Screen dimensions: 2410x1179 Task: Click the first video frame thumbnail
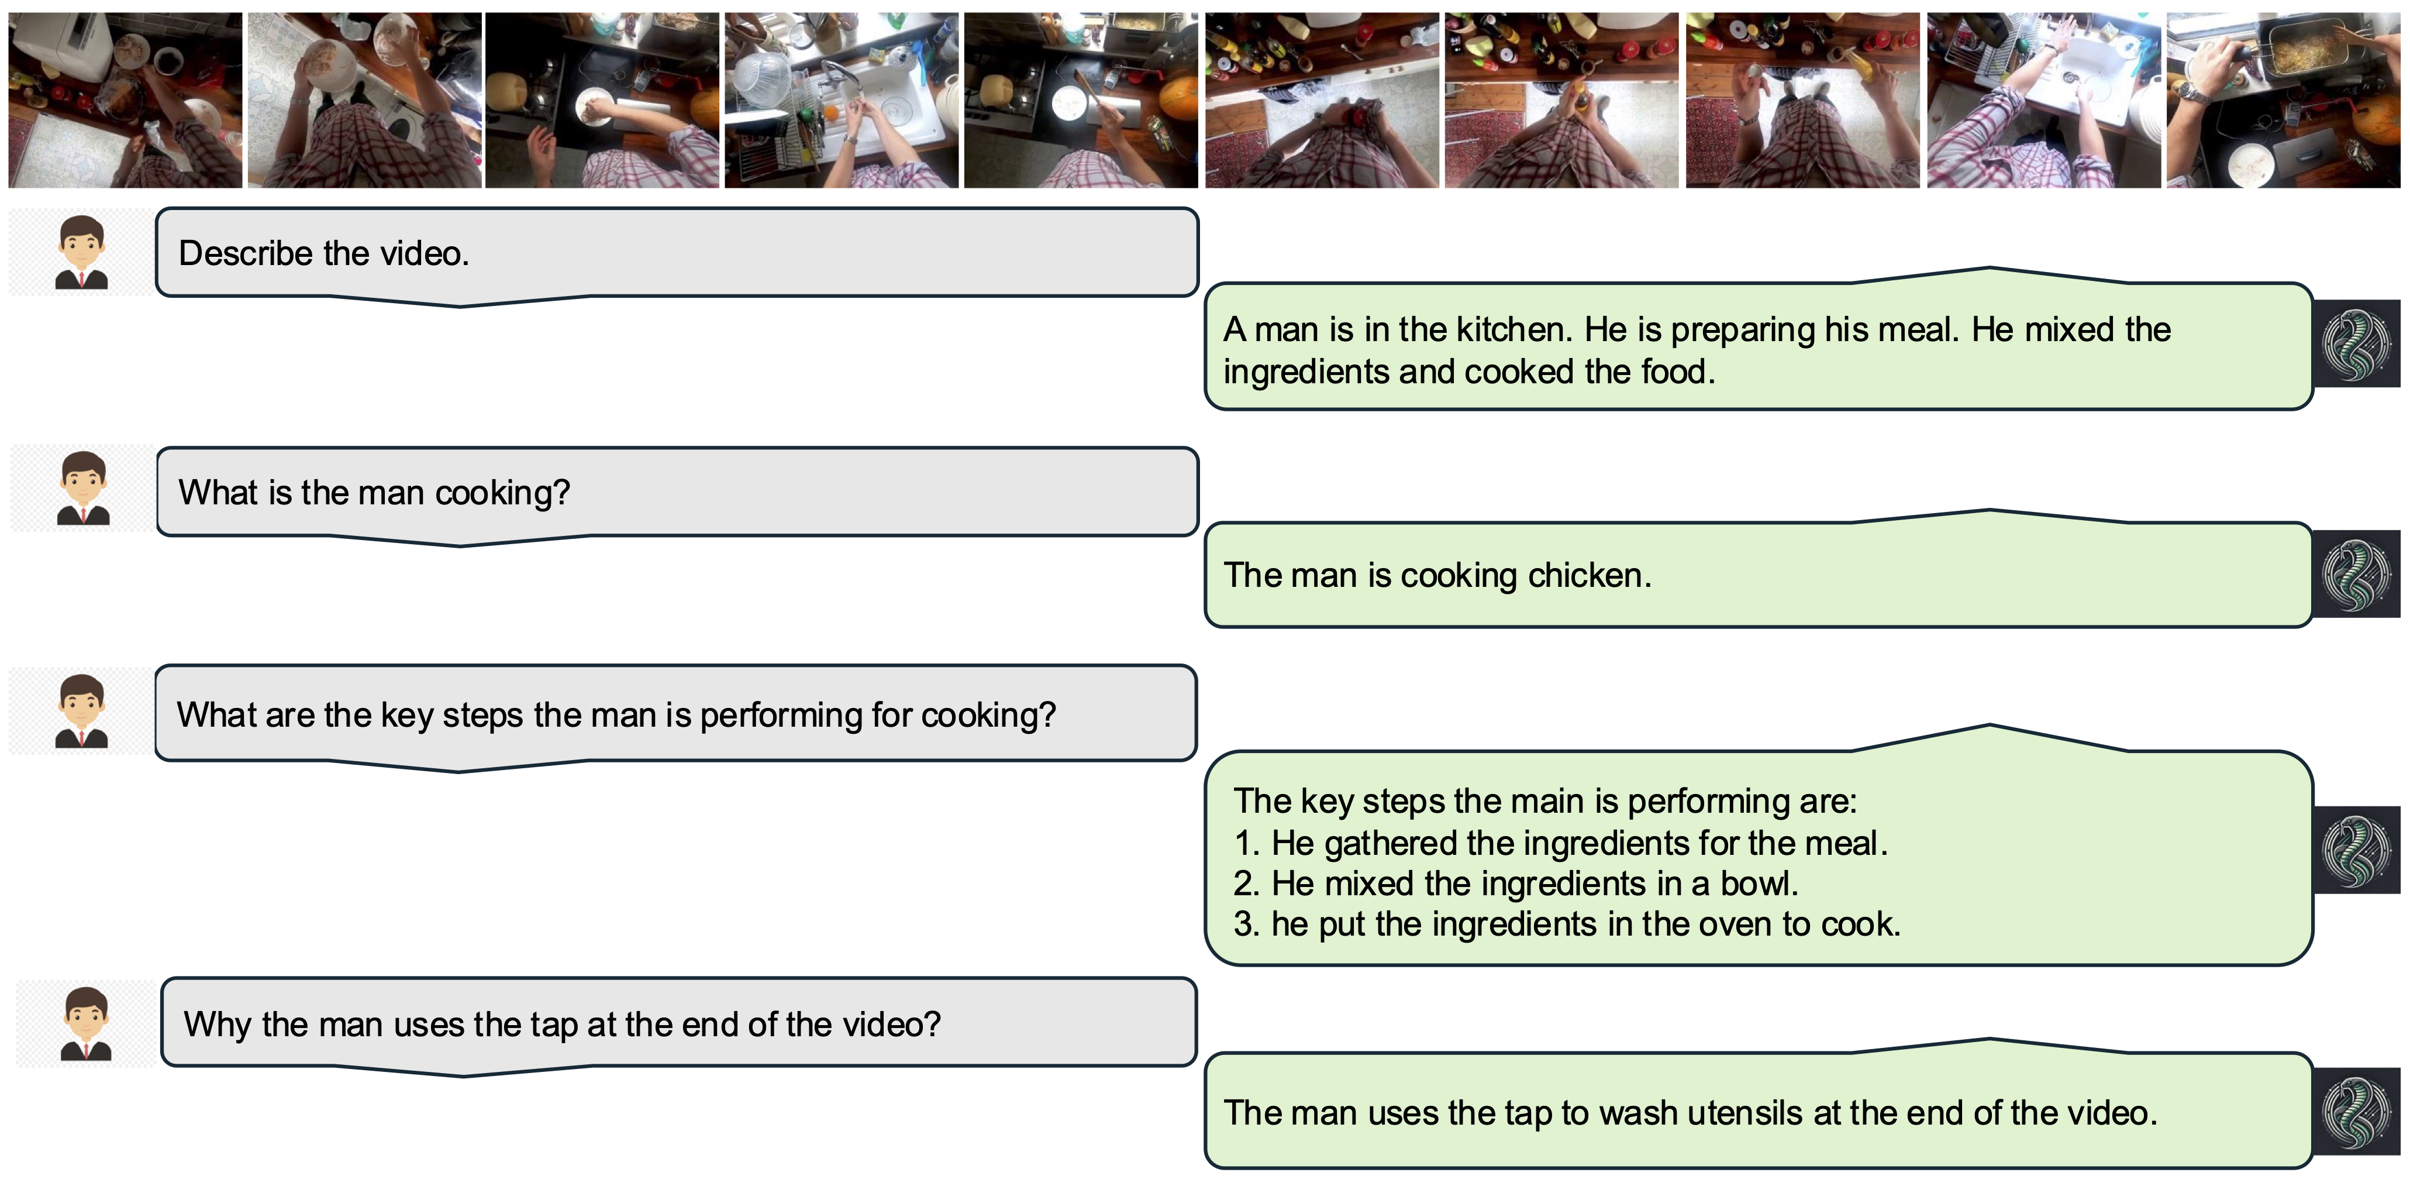pos(125,100)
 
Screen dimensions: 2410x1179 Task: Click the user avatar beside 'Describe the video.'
pos(81,252)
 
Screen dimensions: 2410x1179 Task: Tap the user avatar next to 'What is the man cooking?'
pos(82,489)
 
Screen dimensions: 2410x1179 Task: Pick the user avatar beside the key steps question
pos(81,711)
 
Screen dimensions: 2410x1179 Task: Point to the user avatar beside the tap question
pos(86,1024)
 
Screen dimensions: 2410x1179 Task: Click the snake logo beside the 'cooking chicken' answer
pos(2357,573)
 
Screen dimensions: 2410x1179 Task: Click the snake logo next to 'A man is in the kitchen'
pos(2357,343)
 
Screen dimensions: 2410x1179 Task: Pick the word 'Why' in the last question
pos(217,1026)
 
